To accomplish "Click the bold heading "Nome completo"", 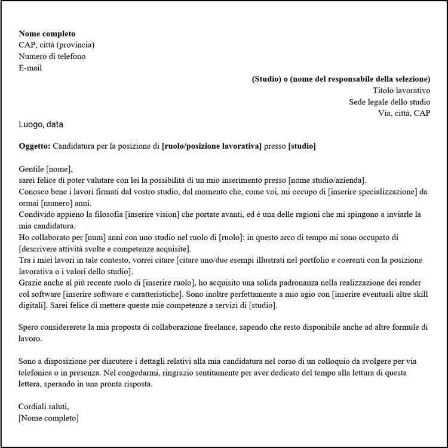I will [x=47, y=33].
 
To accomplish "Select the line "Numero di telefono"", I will [x=52, y=56].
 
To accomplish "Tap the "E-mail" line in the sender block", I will [x=30, y=67].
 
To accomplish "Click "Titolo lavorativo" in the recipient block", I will [x=401, y=90].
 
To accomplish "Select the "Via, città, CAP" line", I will [x=404, y=113].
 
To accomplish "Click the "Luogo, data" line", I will [x=41, y=124].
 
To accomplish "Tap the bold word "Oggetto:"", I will [x=35, y=146].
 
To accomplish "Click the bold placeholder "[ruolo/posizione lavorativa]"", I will [x=211, y=146].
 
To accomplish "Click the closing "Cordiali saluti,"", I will [x=44, y=407].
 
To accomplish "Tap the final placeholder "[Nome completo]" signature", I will [x=48, y=418].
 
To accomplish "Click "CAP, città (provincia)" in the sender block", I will [x=56, y=45].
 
